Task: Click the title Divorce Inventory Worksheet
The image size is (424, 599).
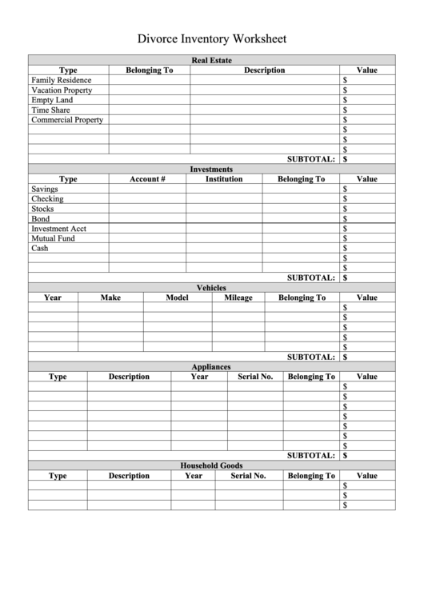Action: [x=211, y=38]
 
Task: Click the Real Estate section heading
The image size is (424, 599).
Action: [x=211, y=60]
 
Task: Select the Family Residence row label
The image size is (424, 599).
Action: [x=62, y=80]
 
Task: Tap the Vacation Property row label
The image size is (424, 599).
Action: [x=62, y=90]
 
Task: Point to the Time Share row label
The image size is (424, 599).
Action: [x=50, y=110]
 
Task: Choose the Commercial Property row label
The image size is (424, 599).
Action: [x=67, y=120]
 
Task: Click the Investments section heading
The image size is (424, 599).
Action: [x=211, y=170]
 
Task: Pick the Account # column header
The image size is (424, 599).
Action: [x=147, y=179]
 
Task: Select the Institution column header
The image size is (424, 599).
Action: [x=224, y=179]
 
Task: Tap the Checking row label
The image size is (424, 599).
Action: [x=47, y=199]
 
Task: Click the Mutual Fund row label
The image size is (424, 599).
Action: [x=53, y=238]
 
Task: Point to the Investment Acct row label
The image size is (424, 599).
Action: [x=59, y=229]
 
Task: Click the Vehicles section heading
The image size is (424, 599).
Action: [x=211, y=288]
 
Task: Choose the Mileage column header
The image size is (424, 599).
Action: [x=238, y=298]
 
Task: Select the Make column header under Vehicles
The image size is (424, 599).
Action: [x=110, y=298]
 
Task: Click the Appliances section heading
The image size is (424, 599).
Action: [x=211, y=367]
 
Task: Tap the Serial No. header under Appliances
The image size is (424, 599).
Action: [x=255, y=377]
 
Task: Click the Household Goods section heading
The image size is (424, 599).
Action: [x=211, y=465]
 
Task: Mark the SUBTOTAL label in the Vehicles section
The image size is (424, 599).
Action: [x=311, y=357]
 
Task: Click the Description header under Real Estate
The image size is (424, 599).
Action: [x=264, y=70]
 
